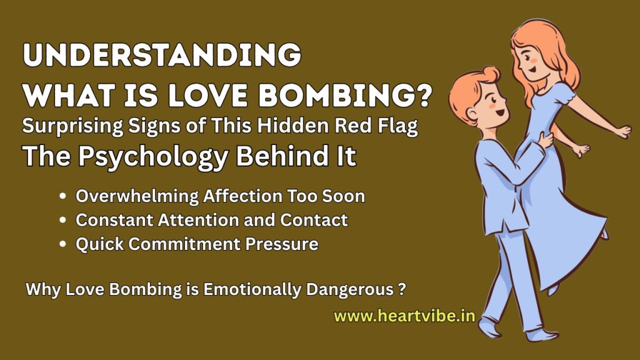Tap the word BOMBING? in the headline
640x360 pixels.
coord(345,96)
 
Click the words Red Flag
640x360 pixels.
coord(376,126)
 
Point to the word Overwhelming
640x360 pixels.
coord(137,196)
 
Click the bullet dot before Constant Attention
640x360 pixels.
coord(62,220)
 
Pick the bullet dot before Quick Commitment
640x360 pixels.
coord(62,244)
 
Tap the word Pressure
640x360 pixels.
coord(282,244)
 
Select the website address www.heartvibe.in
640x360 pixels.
coord(404,316)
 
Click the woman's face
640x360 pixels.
coord(531,62)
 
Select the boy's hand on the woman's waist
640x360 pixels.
coord(546,141)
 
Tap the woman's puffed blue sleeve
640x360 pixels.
coord(563,96)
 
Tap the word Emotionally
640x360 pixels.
coord(252,289)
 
